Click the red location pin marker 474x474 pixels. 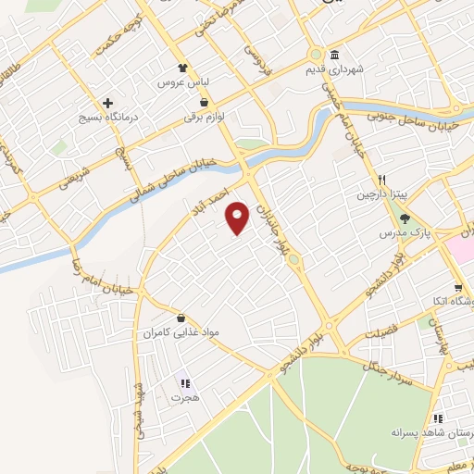(239, 217)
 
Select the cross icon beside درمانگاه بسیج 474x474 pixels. (108, 103)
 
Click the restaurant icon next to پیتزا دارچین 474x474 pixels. (380, 180)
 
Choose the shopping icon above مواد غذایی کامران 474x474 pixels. (193, 317)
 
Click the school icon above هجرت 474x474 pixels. (184, 382)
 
